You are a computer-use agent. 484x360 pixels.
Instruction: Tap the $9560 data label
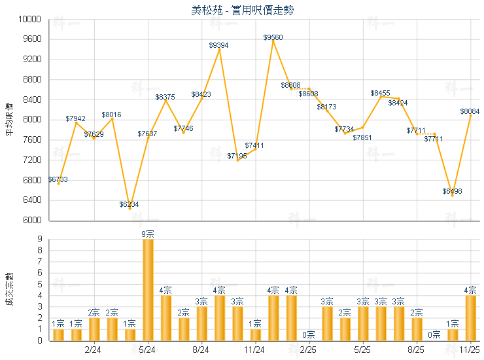[273, 37]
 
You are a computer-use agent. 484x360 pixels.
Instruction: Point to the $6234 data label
[130, 205]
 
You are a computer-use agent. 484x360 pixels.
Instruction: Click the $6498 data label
[452, 192]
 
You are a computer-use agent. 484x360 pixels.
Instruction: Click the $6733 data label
[58, 179]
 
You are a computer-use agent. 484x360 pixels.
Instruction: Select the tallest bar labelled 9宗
[148, 289]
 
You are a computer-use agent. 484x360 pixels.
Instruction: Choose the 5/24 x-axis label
[147, 350]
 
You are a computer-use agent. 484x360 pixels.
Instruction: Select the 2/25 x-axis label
[309, 350]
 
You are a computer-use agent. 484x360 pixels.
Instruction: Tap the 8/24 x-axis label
[201, 350]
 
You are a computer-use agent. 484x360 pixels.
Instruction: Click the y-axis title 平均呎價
[9, 119]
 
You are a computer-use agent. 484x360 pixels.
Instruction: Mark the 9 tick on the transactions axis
[41, 239]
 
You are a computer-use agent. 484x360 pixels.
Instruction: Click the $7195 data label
[237, 156]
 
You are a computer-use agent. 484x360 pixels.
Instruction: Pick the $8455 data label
[381, 94]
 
